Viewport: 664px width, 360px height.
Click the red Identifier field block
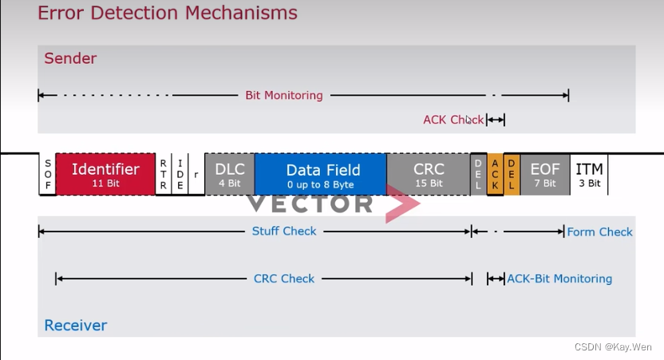coord(105,173)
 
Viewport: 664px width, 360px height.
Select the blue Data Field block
coord(322,173)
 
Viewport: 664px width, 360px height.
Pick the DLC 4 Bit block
coord(230,173)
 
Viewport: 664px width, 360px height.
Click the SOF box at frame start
coord(47,173)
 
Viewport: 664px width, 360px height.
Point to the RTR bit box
coord(164,173)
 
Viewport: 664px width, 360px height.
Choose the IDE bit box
coord(180,173)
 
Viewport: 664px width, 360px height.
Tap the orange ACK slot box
coord(495,173)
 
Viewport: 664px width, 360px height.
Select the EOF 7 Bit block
coord(545,173)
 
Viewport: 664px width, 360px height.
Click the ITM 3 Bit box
coord(589,173)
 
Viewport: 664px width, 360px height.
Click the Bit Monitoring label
coord(283,95)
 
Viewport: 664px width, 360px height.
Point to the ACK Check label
coord(453,120)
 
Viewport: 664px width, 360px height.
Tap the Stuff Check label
coord(284,231)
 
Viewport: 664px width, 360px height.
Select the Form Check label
coord(599,231)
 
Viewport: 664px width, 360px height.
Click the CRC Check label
coord(284,279)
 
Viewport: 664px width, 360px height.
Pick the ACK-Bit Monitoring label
coord(559,279)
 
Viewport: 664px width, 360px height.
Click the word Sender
coord(70,58)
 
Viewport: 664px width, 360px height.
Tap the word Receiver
coord(75,325)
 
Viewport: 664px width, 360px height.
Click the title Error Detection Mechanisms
coord(168,14)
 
